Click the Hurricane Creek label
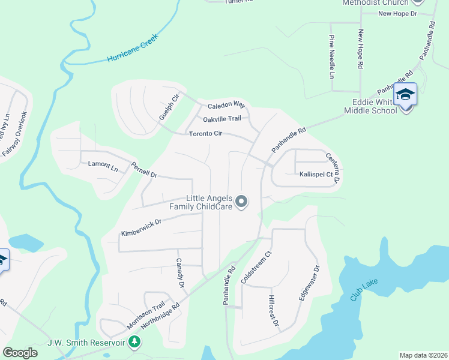pos(133,50)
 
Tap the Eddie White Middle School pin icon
pos(405,97)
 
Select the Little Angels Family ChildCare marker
pos(241,202)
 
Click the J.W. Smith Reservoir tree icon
pos(135,342)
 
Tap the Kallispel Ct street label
pos(316,175)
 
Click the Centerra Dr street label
pos(333,167)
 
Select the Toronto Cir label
pos(205,133)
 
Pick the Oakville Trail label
pos(221,118)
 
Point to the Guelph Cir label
pos(169,107)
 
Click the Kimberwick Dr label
pos(141,228)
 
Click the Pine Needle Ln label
pos(331,57)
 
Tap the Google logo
pos(20,353)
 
